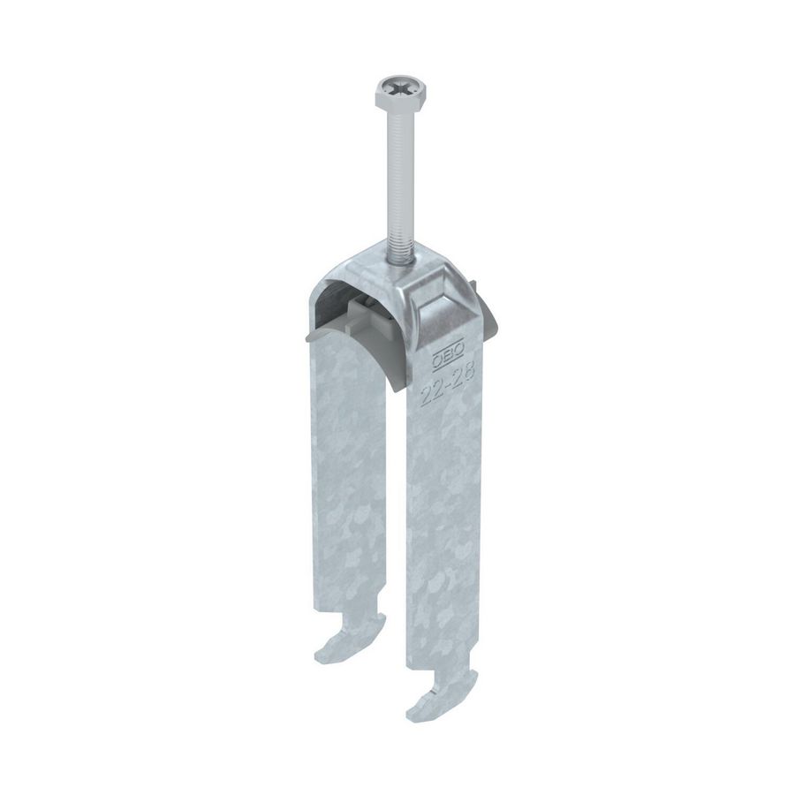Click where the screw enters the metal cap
click(397, 257)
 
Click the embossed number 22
click(430, 390)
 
